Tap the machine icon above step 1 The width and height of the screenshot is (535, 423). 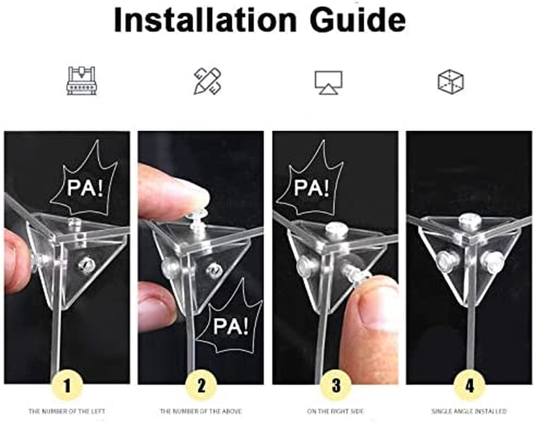tap(81, 80)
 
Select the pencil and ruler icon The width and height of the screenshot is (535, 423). tap(208, 81)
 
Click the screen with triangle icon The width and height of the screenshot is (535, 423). tap(328, 82)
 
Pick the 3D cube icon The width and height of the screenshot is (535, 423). tap(451, 81)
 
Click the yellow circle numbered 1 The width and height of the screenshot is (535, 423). tap(67, 386)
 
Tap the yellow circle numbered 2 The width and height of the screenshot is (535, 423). tap(201, 386)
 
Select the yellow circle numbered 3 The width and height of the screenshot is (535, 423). tap(336, 386)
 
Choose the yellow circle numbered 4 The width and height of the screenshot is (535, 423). tap(469, 386)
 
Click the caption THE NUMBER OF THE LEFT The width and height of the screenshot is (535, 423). tap(67, 411)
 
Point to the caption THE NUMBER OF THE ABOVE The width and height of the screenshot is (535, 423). tap(201, 411)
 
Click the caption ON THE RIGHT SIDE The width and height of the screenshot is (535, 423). tap(335, 411)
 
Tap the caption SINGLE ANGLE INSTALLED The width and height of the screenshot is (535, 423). tap(469, 411)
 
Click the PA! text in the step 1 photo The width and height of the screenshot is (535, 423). tap(85, 188)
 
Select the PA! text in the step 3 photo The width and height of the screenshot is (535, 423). tap(311, 188)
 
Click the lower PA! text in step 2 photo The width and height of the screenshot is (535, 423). tap(231, 326)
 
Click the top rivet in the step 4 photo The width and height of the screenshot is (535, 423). tap(470, 220)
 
